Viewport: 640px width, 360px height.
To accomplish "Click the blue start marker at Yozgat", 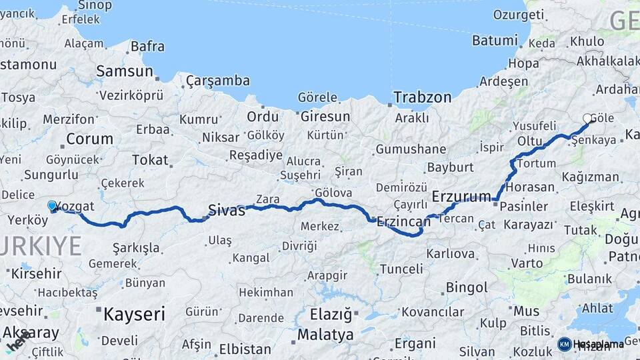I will (52, 207).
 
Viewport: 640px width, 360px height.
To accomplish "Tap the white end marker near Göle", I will (588, 119).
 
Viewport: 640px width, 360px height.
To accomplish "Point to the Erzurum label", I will (461, 196).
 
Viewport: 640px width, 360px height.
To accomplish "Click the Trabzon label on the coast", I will (422, 97).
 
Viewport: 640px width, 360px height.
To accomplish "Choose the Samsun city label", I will (125, 71).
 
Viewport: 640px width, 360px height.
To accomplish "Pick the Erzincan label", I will (403, 221).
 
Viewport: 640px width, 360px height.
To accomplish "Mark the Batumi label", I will (495, 41).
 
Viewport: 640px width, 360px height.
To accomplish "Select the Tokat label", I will (150, 160).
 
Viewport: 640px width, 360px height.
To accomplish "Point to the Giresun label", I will (325, 117).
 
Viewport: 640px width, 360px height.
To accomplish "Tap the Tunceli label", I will (401, 269).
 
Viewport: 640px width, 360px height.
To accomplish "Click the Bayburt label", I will (450, 167).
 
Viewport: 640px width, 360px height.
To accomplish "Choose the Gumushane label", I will (411, 149).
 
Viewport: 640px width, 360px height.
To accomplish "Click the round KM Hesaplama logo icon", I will (564, 344).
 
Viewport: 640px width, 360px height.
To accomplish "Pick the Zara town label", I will (267, 199).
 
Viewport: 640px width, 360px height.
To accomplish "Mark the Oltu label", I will (530, 141).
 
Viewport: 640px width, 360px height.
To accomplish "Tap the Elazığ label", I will (331, 313).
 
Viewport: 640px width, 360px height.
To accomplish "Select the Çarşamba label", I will (217, 81).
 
